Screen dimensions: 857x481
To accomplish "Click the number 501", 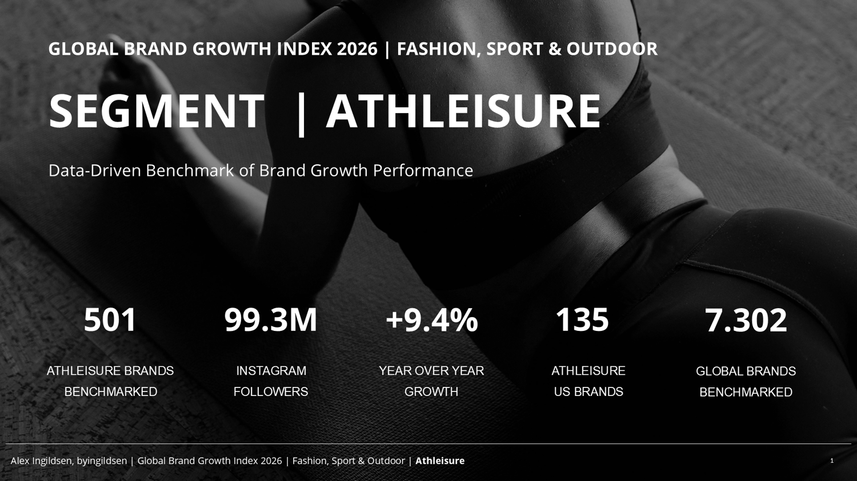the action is click(110, 320).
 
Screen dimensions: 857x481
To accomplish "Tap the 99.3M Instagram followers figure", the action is click(270, 320).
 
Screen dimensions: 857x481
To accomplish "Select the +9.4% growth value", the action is click(432, 320).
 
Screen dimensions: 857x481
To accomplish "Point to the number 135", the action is click(582, 320).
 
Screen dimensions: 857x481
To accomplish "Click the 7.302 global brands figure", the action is click(746, 320).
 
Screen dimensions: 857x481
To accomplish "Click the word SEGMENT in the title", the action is click(157, 111).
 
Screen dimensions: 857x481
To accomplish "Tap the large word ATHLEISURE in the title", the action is click(463, 111).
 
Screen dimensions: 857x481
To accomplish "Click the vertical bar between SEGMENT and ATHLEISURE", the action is click(301, 114).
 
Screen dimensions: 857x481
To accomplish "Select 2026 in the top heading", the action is click(357, 49).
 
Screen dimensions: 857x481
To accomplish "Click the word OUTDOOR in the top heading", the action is click(612, 49).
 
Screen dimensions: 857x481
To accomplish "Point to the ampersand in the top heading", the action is click(555, 49).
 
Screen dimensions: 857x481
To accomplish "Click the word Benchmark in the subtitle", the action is click(189, 171).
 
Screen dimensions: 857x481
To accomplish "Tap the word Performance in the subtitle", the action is click(423, 171).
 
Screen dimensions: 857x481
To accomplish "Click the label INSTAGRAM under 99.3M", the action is click(271, 370).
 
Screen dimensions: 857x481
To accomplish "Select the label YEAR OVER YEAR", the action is click(431, 370).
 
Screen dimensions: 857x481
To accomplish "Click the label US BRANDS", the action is click(588, 391).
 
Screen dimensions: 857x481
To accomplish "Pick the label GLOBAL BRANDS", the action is click(746, 371).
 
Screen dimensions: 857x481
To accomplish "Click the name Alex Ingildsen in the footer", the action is click(42, 461).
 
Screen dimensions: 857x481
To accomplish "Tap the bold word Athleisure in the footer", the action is click(440, 461).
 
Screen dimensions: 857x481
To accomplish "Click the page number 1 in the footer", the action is click(832, 461).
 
